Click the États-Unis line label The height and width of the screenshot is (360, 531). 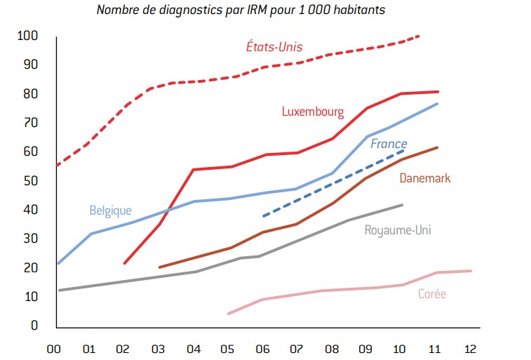click(274, 47)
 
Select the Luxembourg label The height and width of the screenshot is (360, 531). click(312, 112)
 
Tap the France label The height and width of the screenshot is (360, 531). click(389, 144)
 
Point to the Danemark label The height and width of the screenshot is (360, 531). click(424, 178)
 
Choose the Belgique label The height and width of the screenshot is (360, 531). click(110, 210)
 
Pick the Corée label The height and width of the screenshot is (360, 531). click(432, 294)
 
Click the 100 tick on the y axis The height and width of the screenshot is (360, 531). click(27, 36)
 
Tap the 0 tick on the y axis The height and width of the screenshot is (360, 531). click(32, 326)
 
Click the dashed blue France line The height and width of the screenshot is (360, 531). click(330, 185)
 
